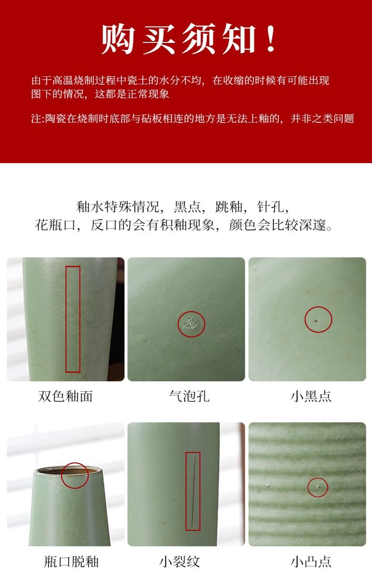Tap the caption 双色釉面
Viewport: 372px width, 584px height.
pos(65,396)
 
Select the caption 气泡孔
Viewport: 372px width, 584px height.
pos(189,396)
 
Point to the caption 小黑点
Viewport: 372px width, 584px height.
pos(311,396)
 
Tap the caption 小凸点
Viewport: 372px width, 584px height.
pos(311,561)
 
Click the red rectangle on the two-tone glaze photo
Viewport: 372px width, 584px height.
pos(73,319)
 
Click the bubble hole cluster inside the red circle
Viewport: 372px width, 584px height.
pos(191,323)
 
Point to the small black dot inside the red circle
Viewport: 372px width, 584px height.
pos(316,320)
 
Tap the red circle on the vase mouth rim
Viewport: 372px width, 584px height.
pos(75,475)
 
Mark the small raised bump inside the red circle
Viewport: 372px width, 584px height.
pos(317,486)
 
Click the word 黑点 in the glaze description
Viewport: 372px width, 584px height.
pos(187,206)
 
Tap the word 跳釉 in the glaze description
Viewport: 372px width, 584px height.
pos(228,206)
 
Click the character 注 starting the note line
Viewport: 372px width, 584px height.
pos(36,119)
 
